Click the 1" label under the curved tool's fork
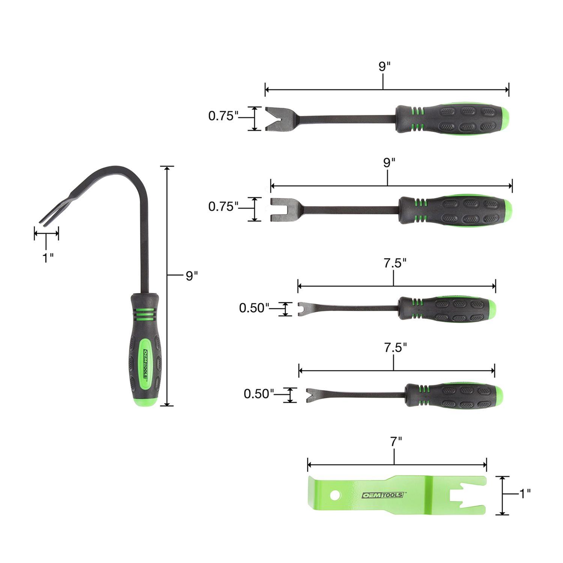[47, 258]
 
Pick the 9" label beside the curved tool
[191, 276]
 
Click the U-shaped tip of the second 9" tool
[280, 209]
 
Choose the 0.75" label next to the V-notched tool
[223, 116]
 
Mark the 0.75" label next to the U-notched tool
[223, 206]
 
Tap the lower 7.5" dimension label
[395, 348]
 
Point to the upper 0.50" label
[254, 308]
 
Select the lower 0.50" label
[259, 394]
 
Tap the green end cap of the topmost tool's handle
[504, 119]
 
